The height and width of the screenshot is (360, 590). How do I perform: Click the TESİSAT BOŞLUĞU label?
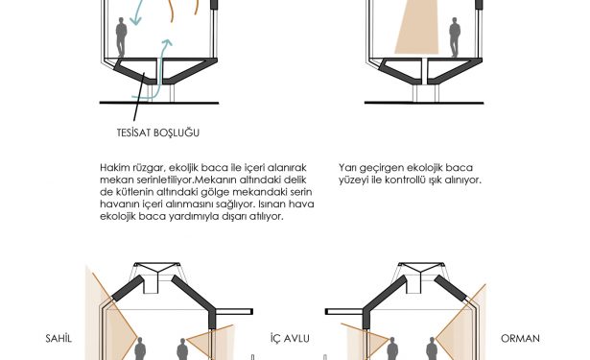158,132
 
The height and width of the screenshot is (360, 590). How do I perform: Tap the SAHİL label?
59,338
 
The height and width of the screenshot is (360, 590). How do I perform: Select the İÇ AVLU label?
290,338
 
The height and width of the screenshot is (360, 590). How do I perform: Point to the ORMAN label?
520,338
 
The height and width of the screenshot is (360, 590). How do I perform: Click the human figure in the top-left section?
121,36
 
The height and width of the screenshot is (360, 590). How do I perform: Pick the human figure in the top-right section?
455,36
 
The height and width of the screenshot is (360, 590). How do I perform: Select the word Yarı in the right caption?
347,168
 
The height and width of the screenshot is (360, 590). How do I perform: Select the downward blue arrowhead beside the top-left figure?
136,20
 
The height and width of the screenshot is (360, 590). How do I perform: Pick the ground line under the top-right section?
424,103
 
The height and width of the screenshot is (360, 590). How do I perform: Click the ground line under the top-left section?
159,103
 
